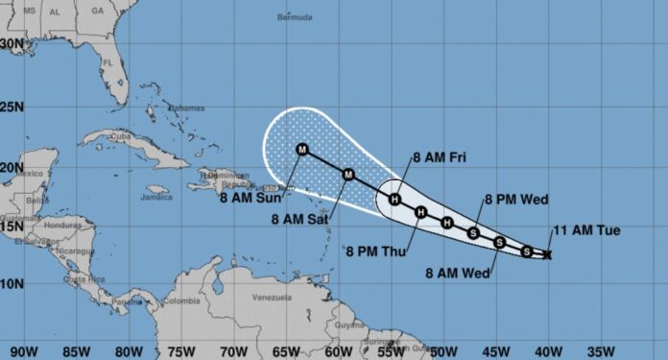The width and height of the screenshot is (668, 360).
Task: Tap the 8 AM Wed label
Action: coord(458,274)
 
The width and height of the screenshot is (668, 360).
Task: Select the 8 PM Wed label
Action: coord(515,200)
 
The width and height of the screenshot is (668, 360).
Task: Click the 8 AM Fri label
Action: coord(439,156)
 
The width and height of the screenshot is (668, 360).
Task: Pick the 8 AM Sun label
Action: coord(250,199)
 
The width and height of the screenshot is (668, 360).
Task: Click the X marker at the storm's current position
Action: coord(547,254)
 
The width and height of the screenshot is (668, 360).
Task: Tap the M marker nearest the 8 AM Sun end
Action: coord(303,150)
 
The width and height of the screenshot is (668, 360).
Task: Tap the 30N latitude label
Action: coord(12,43)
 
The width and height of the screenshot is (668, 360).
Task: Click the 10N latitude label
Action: coord(12,284)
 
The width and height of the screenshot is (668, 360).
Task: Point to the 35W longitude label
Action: coord(601,349)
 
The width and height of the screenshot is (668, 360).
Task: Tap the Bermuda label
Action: coord(295,17)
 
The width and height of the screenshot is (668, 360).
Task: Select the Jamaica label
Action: coord(155,199)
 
